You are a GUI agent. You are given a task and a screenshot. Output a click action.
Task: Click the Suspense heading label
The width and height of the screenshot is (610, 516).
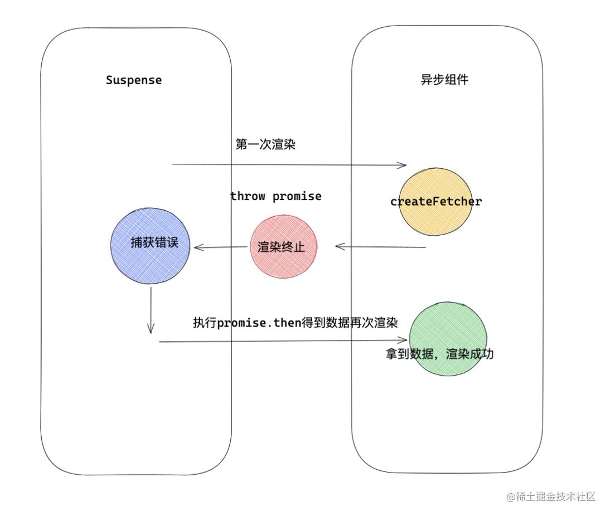pos(134,80)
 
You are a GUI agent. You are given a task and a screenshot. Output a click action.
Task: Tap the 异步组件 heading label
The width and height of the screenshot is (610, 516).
pos(444,80)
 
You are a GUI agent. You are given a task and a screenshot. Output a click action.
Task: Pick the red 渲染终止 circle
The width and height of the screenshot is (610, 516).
pos(283,247)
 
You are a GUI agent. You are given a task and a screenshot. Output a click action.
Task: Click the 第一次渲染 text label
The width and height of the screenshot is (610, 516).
pos(265,145)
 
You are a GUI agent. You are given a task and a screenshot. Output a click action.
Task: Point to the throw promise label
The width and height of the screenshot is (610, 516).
pos(275,196)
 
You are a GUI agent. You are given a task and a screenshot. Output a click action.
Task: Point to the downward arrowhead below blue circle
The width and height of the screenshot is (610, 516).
pos(151,330)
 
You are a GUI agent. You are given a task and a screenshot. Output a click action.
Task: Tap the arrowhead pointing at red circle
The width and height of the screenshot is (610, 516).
pos(338,246)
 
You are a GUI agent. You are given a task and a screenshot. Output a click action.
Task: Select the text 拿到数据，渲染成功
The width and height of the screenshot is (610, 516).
pos(439,354)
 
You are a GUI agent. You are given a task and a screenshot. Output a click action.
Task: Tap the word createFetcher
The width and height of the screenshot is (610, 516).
pos(435,201)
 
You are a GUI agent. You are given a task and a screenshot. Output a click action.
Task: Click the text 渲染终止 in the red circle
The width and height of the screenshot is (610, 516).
pos(281,247)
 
